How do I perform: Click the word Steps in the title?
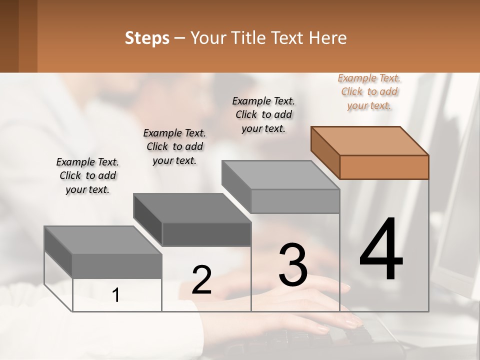coord(147,38)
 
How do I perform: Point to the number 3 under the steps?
coord(293,265)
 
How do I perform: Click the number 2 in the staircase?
coord(201,280)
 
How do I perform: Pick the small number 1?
coord(116,295)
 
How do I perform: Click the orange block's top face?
coord(370,141)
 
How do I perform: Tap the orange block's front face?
coord(384,167)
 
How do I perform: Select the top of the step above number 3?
coord(280,175)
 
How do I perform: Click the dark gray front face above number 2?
coord(206,234)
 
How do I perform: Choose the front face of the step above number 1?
coord(117,265)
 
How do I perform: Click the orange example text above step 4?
coord(369,91)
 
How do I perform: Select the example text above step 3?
coord(263,114)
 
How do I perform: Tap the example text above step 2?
coord(174,146)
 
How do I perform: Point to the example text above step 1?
coord(87,175)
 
